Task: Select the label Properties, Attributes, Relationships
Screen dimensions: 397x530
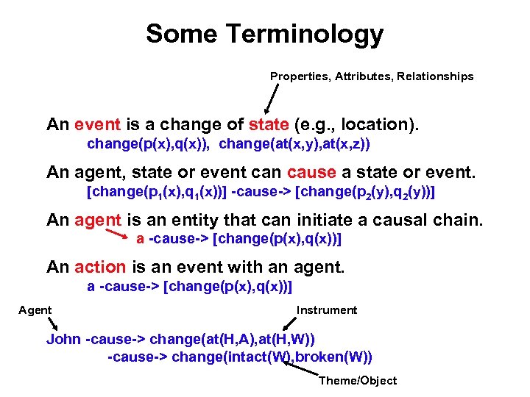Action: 372,76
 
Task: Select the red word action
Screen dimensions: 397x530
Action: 99,268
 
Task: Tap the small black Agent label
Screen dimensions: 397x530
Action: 35,310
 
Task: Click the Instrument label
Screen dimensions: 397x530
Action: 326,310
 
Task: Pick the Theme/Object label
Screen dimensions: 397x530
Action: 357,381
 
